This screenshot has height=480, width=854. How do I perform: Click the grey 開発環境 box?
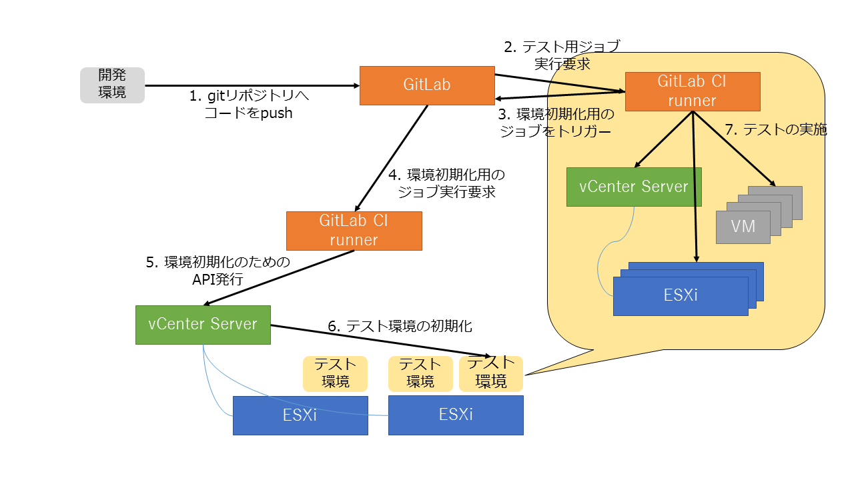click(x=112, y=85)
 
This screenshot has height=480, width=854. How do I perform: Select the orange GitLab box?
click(x=427, y=85)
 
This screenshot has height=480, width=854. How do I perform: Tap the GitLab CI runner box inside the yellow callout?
click(x=693, y=91)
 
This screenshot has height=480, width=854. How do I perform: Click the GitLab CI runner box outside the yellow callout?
click(x=354, y=231)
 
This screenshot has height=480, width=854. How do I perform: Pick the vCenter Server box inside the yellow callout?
click(x=634, y=187)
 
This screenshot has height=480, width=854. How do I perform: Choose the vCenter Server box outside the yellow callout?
click(x=203, y=325)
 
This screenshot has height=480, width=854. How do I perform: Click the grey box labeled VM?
click(x=743, y=227)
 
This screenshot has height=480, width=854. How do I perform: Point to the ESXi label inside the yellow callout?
click(x=681, y=295)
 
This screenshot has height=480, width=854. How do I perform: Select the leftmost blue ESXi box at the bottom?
click(x=300, y=415)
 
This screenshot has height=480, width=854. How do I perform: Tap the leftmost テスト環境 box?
click(x=335, y=373)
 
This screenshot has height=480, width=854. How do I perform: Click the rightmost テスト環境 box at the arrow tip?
click(x=491, y=373)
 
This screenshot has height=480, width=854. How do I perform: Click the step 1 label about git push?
click(x=249, y=105)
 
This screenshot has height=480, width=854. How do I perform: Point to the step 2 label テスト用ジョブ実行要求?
click(x=562, y=55)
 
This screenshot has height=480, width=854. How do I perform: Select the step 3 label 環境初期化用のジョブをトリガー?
click(x=556, y=123)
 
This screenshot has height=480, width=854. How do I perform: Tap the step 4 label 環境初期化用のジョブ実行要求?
click(x=447, y=183)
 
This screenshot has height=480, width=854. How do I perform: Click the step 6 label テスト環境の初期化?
click(x=400, y=326)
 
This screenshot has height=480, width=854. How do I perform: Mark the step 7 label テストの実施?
click(x=775, y=130)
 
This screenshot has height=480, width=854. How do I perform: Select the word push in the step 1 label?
click(x=276, y=113)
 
